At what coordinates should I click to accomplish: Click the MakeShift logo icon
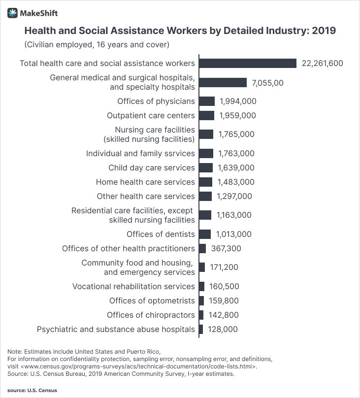click(x=13, y=13)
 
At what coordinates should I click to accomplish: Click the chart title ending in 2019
click(x=180, y=31)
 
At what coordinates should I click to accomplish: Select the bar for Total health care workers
click(x=248, y=63)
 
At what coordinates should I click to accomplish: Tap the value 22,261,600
click(x=322, y=63)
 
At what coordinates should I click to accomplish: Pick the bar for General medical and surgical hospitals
click(x=223, y=82)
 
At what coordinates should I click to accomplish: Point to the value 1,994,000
click(x=238, y=101)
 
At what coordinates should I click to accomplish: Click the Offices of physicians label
click(x=156, y=101)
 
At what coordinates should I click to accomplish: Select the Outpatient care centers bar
click(x=207, y=115)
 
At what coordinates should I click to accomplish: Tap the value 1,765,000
click(x=236, y=134)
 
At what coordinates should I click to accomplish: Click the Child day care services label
click(x=151, y=167)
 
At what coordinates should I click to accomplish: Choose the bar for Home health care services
click(x=206, y=182)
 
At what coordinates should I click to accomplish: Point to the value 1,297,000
click(x=234, y=196)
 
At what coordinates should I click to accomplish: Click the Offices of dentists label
click(x=161, y=234)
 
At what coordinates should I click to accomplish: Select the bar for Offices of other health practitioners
click(x=202, y=248)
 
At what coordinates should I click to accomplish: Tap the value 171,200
click(x=224, y=267)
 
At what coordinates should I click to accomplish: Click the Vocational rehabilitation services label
click(x=133, y=286)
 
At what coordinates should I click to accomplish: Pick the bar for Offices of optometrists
click(x=201, y=300)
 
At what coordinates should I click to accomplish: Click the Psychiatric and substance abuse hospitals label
click(x=116, y=329)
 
